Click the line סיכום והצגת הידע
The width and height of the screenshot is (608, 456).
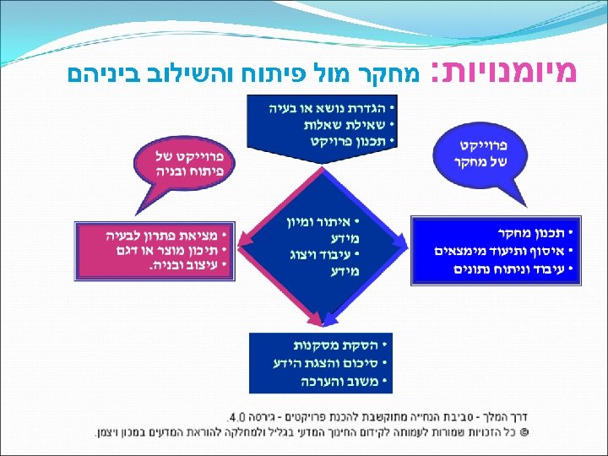[324, 363]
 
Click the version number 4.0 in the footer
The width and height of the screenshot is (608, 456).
[236, 417]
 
